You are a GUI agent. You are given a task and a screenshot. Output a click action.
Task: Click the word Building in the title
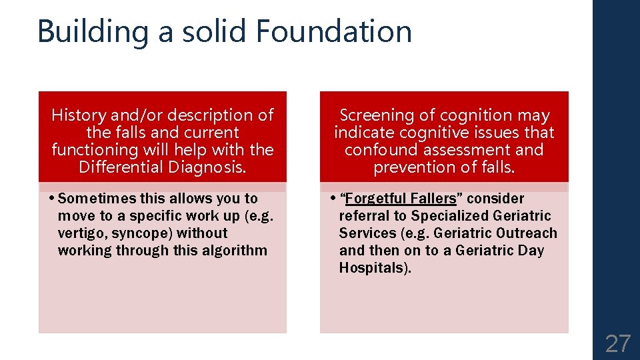92,33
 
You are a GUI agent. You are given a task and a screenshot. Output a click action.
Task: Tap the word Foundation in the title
333,31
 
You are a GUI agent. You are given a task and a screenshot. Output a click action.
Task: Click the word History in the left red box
78,115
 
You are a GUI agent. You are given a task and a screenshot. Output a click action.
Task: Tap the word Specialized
447,216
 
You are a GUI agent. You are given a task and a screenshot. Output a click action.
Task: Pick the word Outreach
526,233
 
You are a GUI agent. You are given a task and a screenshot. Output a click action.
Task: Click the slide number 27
617,344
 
